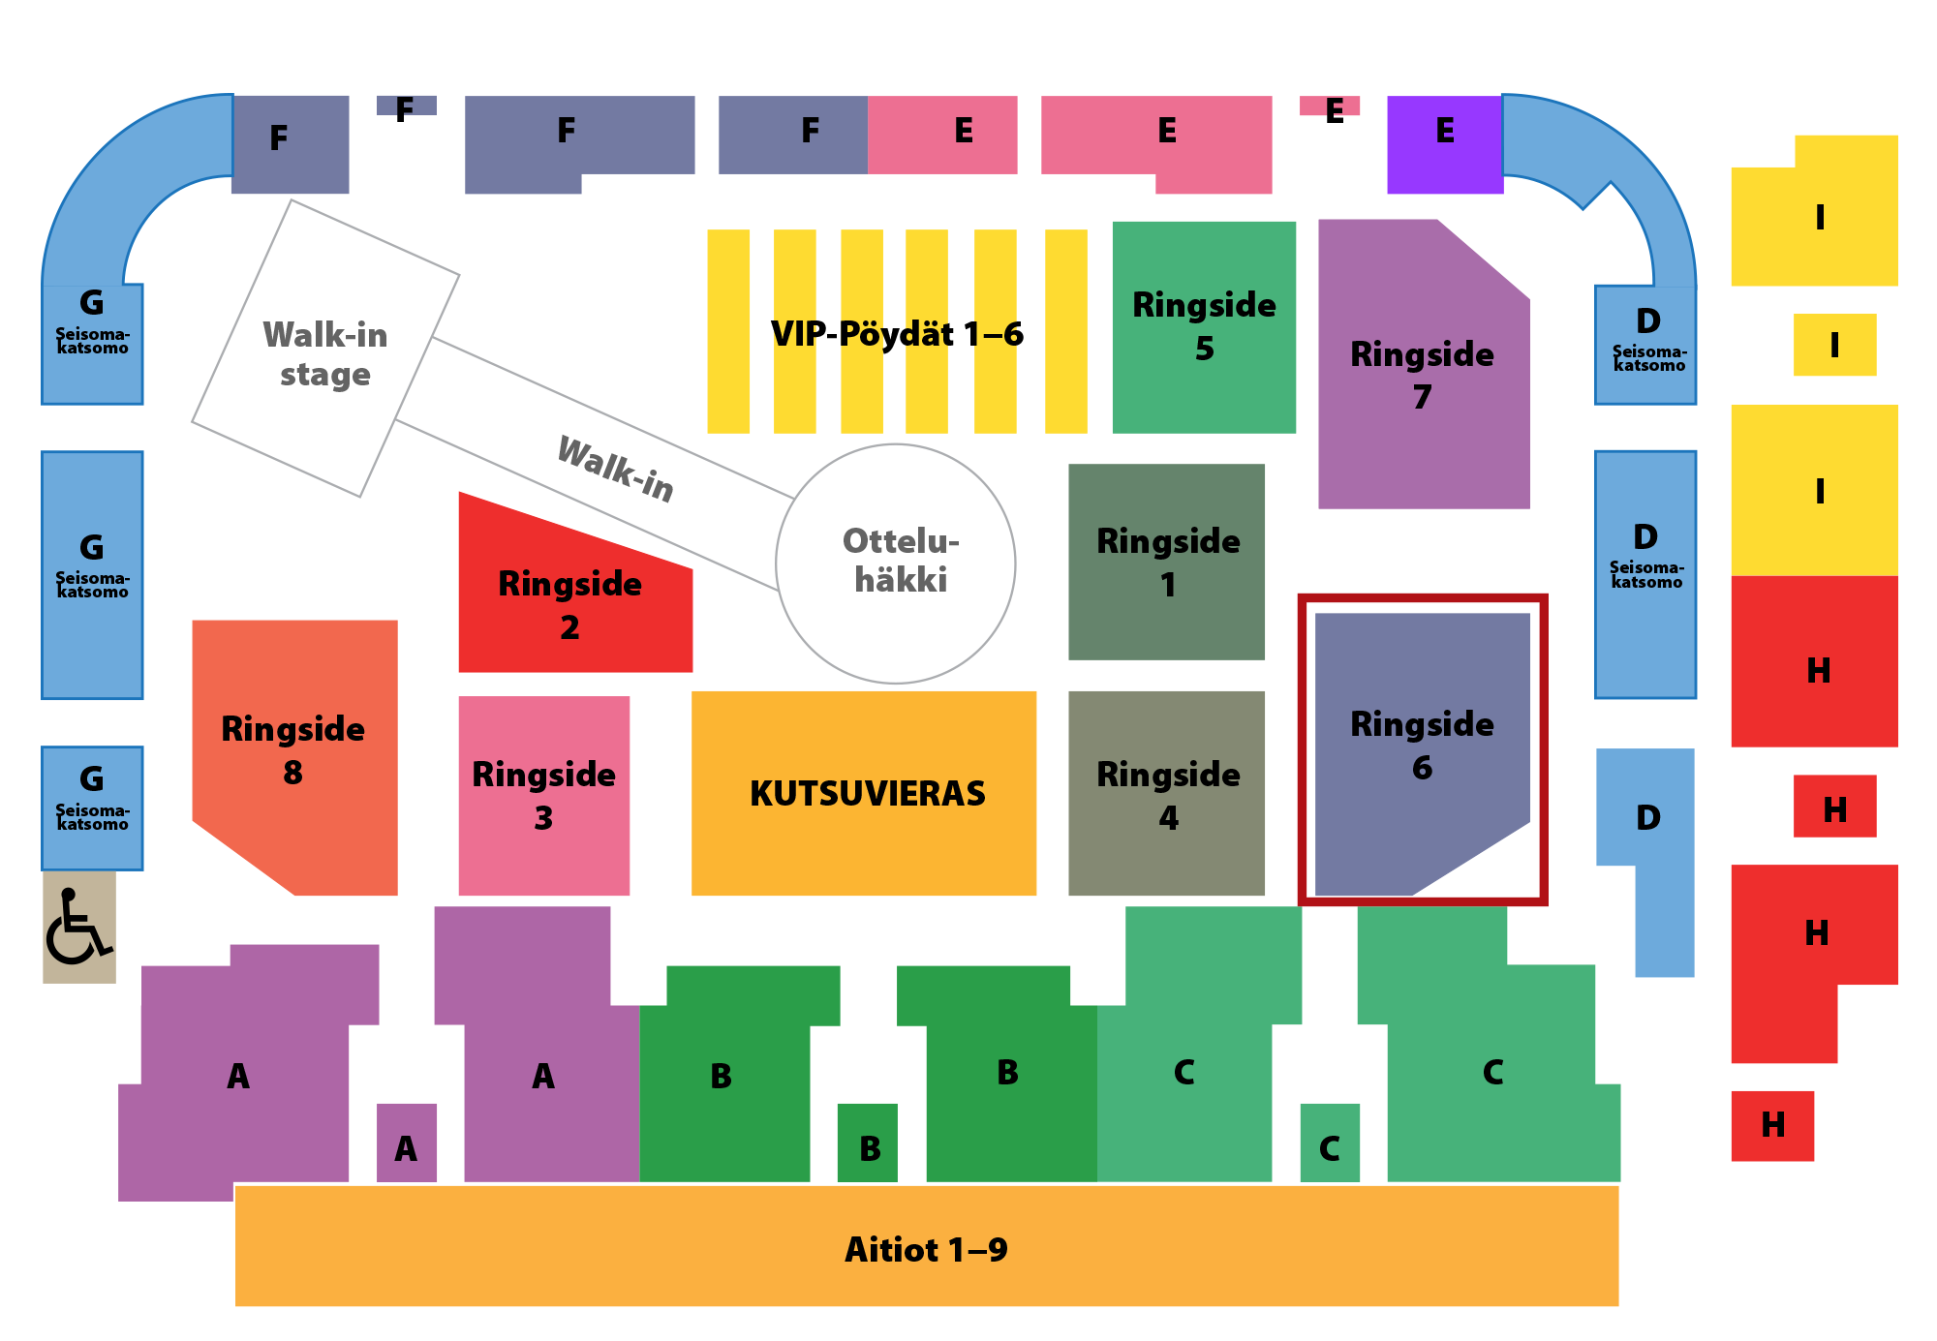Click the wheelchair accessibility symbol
(79, 928)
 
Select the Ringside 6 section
(1422, 753)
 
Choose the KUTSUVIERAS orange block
(864, 793)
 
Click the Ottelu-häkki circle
(896, 564)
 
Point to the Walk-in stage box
(325, 349)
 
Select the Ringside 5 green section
(1204, 327)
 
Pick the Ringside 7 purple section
(1424, 364)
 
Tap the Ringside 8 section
(295, 757)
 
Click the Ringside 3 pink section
(544, 796)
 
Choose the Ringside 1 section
(1166, 562)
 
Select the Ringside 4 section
(1166, 793)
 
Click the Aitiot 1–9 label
(926, 1250)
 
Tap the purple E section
(1445, 144)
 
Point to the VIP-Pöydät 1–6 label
(897, 334)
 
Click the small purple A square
(407, 1143)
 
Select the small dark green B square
(868, 1143)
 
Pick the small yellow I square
(1834, 345)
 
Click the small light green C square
(1330, 1143)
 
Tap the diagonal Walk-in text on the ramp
(616, 470)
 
